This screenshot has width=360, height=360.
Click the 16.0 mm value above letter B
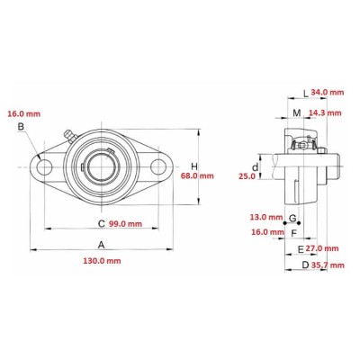[x=24, y=114]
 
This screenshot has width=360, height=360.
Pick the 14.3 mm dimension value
[x=325, y=112]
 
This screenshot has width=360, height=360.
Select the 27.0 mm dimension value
[x=322, y=247]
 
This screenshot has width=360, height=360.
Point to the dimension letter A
[x=102, y=245]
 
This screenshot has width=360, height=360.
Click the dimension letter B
[x=20, y=127]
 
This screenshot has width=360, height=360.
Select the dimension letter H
[x=194, y=166]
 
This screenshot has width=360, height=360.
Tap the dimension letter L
[x=305, y=92]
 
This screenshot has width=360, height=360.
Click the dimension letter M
[x=297, y=112]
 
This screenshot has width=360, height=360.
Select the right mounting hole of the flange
[x=158, y=166]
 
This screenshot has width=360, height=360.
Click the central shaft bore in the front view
[x=101, y=166]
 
